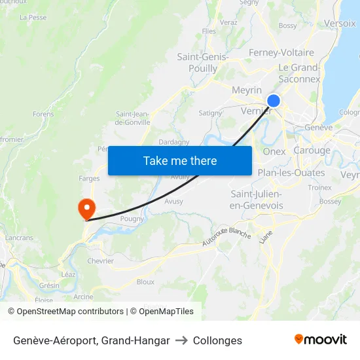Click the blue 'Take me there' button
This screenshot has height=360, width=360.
click(180, 160)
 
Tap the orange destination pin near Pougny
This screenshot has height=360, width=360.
click(86, 209)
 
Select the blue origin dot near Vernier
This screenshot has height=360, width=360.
click(274, 100)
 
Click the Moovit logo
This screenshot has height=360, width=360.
click(321, 340)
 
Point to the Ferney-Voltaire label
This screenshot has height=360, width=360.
click(281, 52)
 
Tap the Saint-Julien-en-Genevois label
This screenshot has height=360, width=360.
click(257, 200)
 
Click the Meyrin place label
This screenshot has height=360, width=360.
click(247, 90)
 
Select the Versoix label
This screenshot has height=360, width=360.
click(340, 23)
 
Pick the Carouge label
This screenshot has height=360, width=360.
click(312, 150)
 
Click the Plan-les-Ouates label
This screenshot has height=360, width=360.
click(291, 173)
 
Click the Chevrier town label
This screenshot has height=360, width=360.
click(100, 261)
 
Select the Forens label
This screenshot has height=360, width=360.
click(43, 114)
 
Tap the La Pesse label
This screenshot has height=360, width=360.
click(33, 18)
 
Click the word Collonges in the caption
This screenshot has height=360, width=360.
click(217, 340)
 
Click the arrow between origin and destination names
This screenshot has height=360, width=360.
click(181, 340)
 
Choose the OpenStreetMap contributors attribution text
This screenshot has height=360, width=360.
click(65, 312)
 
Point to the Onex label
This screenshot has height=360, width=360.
click(274, 151)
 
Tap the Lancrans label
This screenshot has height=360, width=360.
click(19, 238)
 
